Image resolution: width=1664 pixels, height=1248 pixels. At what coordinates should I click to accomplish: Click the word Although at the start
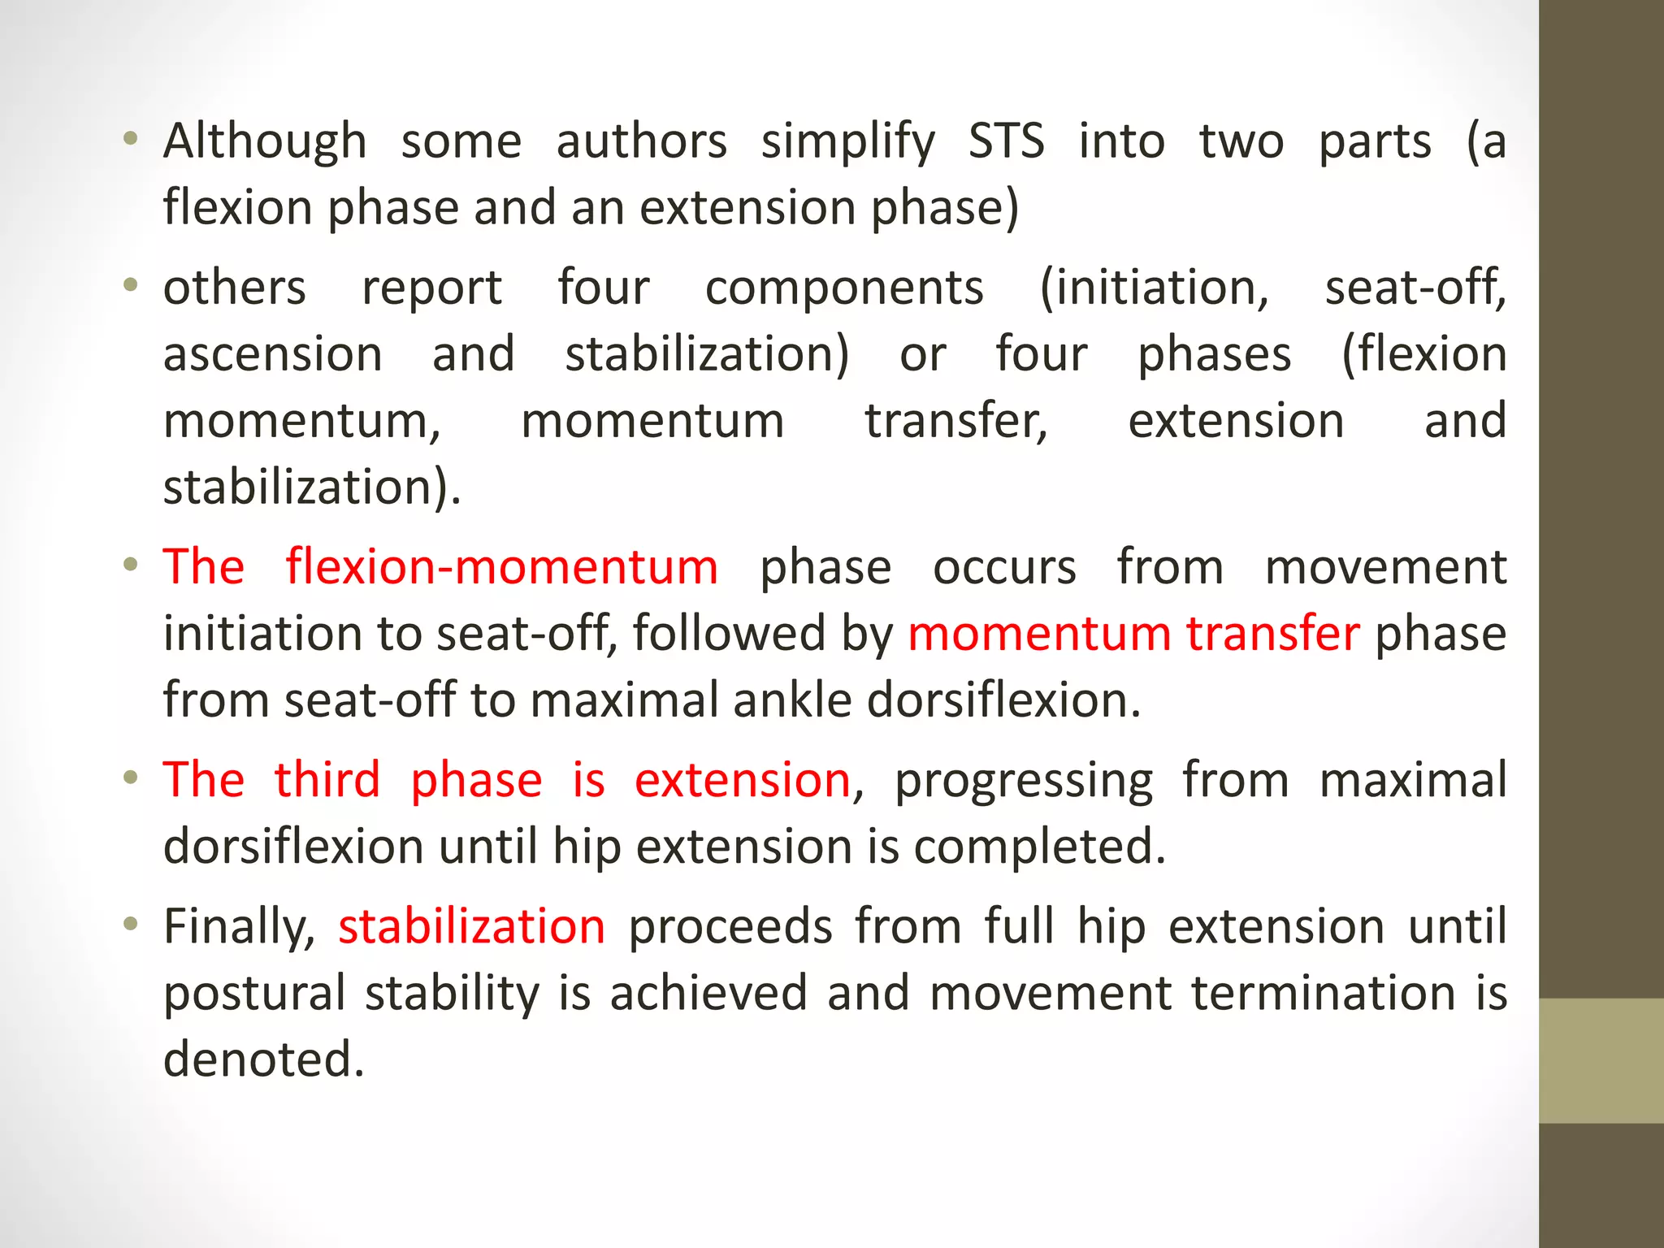(265, 141)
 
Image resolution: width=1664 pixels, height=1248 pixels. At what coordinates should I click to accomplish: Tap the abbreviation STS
(1006, 141)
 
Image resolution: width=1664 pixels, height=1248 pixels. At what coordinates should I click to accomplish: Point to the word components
(844, 289)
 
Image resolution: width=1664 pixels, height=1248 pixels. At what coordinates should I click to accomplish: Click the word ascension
(273, 355)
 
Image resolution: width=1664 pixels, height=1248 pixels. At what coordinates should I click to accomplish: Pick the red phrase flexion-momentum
(501, 566)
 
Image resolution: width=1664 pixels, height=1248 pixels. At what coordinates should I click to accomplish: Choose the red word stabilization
(471, 927)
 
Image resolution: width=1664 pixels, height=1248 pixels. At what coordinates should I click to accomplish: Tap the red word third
(327, 780)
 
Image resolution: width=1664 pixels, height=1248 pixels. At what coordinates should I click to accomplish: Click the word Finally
(239, 928)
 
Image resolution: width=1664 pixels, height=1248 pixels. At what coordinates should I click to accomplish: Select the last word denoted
(264, 1059)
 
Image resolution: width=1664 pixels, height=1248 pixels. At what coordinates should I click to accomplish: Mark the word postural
(254, 994)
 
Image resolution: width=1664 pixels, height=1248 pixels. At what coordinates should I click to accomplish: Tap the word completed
(1039, 847)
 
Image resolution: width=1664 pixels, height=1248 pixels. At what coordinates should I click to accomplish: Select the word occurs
(1004, 567)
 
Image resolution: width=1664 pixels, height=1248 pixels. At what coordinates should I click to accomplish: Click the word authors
(641, 141)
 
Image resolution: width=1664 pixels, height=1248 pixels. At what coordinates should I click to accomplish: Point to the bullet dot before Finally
(130, 924)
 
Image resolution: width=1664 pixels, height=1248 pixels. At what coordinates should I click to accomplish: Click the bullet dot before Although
(130, 139)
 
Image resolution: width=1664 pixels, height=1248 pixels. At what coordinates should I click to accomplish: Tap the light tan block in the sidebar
(1601, 1060)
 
